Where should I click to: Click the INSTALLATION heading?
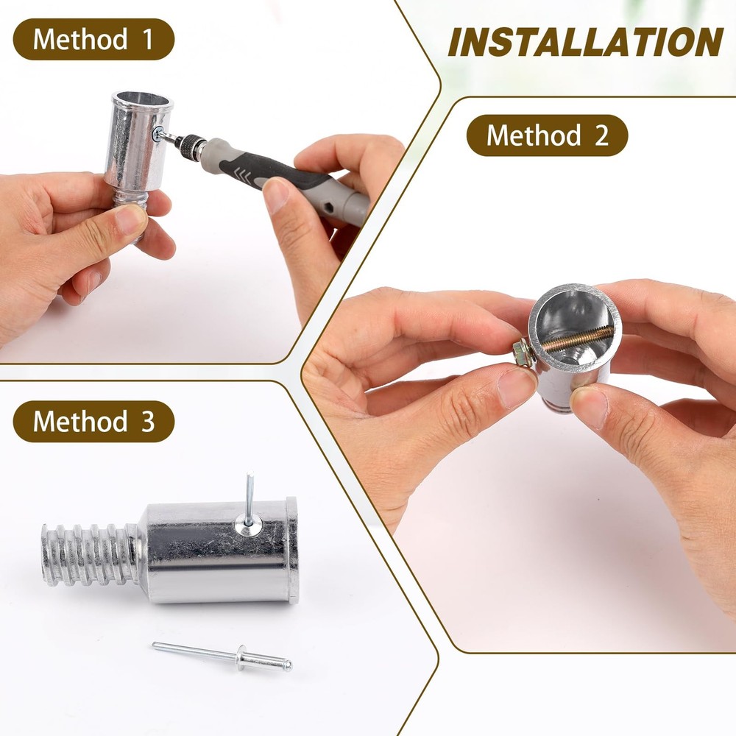585,43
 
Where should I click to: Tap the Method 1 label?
93,39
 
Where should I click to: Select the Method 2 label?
547,135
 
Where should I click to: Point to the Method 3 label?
93,422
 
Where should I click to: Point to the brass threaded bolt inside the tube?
578,340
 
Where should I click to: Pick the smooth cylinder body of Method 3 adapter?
221,553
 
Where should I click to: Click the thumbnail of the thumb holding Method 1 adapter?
130,219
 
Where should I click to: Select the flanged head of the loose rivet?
241,657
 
